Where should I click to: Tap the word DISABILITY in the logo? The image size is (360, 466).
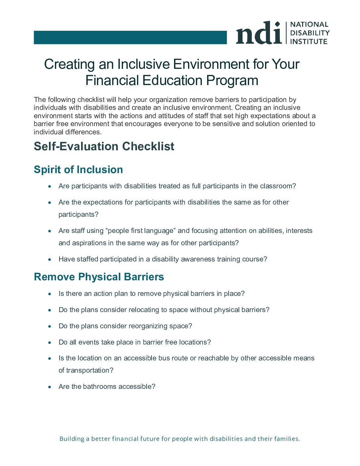[x=310, y=33]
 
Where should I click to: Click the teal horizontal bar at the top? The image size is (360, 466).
[x=130, y=37]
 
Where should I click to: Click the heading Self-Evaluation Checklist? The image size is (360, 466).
[x=104, y=146]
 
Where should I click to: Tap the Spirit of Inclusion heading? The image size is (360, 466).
[x=78, y=169]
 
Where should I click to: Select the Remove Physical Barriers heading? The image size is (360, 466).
[x=99, y=277]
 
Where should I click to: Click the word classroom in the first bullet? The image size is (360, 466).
[x=278, y=186]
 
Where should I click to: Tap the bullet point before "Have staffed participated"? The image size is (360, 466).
[x=50, y=259]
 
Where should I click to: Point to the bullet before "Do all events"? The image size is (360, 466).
[x=50, y=343]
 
